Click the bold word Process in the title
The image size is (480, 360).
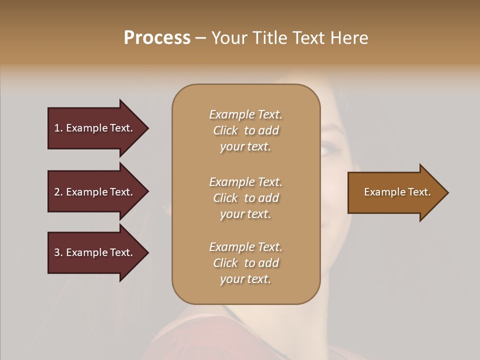[157, 38]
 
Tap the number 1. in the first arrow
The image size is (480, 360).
[58, 128]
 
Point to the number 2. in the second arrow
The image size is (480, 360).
[58, 192]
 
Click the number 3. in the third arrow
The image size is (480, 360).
[58, 252]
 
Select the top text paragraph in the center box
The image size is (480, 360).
[245, 130]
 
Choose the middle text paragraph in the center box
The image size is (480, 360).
[245, 198]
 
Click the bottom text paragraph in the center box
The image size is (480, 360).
[245, 263]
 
